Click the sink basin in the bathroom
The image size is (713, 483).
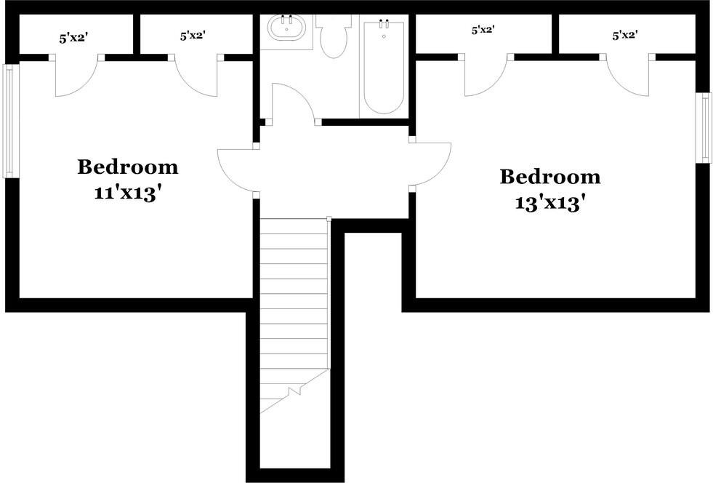(x=286, y=30)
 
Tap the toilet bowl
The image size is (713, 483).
(x=334, y=41)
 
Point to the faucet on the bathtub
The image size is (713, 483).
(x=384, y=25)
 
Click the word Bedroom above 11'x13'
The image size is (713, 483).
(x=128, y=167)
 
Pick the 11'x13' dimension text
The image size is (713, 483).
(x=127, y=194)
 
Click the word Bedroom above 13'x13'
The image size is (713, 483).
(x=550, y=177)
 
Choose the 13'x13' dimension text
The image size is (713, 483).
(x=550, y=204)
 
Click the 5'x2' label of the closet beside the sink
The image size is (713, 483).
(x=192, y=35)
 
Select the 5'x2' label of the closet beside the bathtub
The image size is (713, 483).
(x=483, y=31)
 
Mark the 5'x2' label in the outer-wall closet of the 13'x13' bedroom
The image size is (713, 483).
(x=624, y=34)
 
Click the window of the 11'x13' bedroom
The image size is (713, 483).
(x=8, y=121)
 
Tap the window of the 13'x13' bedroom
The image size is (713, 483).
(x=705, y=128)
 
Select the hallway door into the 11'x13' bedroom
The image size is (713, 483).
(x=236, y=169)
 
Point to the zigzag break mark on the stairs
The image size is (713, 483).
(x=294, y=391)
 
